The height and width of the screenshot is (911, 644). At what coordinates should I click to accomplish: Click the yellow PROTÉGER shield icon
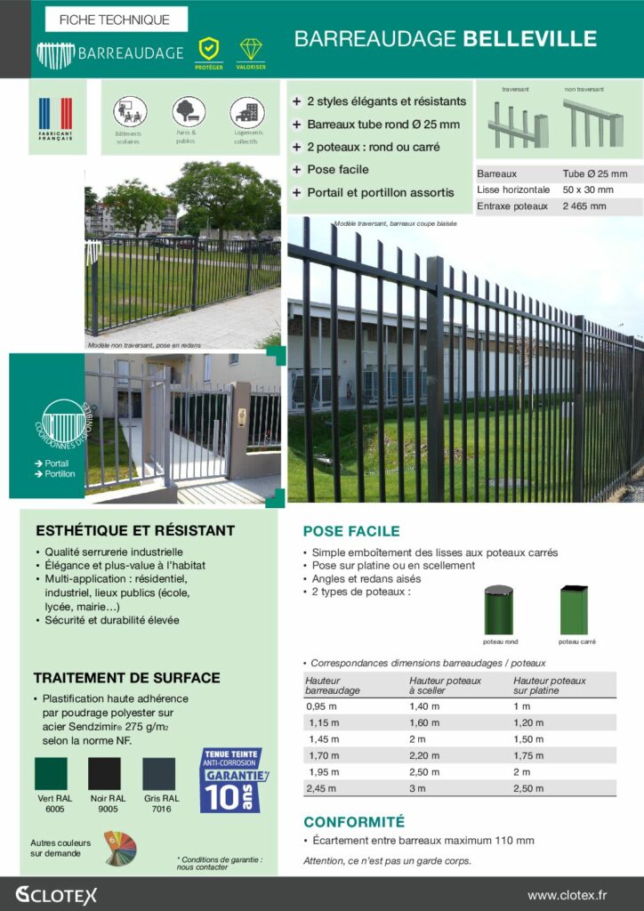[x=208, y=49]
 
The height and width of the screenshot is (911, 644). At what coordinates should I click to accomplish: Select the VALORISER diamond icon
[x=250, y=49]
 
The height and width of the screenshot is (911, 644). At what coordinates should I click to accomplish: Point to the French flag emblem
[x=55, y=115]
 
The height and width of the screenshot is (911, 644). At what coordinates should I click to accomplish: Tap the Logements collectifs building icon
[x=246, y=111]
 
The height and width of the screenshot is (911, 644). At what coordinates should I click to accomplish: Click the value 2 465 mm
[x=584, y=206]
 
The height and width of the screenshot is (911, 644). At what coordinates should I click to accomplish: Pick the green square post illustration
[x=574, y=609]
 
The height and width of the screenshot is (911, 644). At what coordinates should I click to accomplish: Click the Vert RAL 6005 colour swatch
[x=51, y=773]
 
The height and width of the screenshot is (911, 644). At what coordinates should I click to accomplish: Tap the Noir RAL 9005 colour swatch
[x=105, y=773]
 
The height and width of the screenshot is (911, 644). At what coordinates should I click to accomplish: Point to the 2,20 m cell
[x=423, y=755]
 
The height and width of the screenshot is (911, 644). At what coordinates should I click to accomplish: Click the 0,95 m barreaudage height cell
[x=321, y=705]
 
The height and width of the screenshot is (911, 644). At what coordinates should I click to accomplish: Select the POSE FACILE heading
[x=351, y=531]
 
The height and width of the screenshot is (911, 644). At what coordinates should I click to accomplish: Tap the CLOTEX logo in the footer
[x=56, y=894]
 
